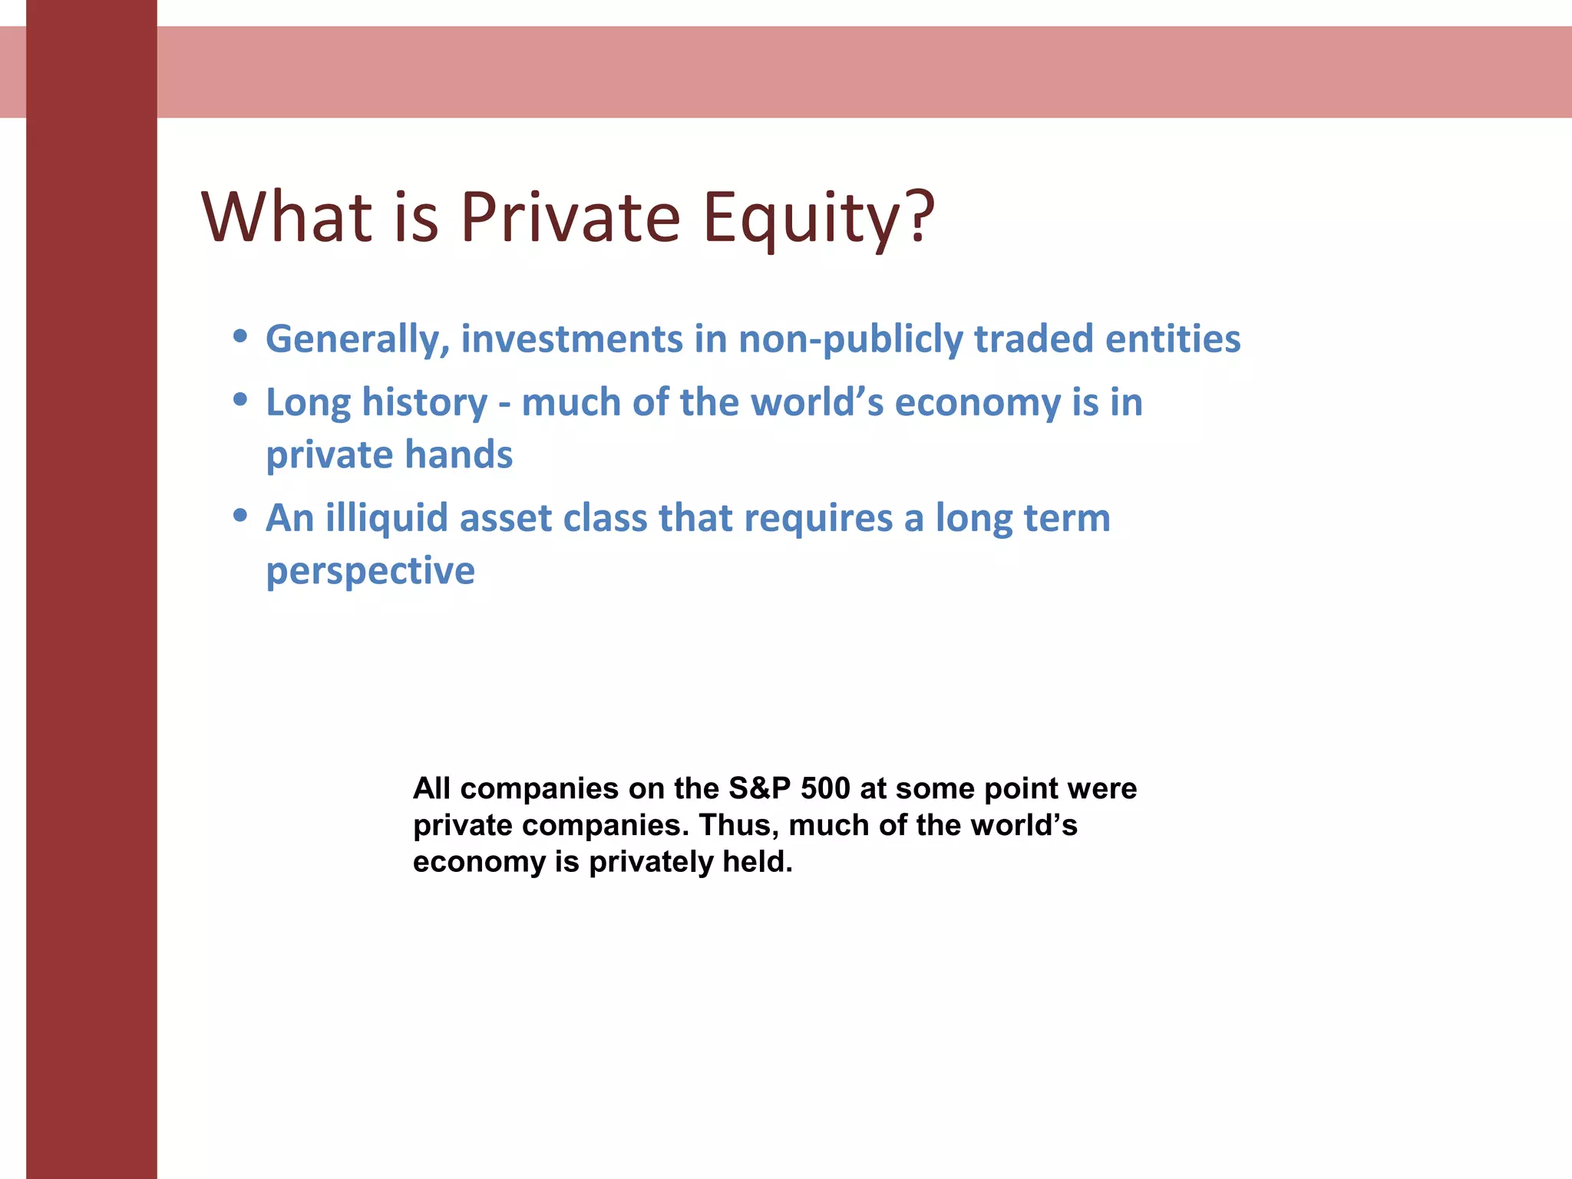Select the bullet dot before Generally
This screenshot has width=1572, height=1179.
tap(240, 336)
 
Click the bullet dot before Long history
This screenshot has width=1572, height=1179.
tap(240, 399)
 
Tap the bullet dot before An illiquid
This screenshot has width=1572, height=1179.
tap(240, 515)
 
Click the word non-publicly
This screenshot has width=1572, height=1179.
tap(850, 340)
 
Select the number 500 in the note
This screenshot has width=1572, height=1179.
tap(825, 788)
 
